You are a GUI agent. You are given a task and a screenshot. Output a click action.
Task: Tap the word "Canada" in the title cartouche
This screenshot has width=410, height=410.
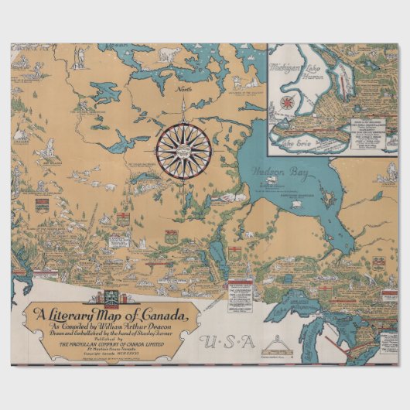click(x=161, y=316)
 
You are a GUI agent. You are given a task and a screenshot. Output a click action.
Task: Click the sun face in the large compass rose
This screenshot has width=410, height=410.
click(x=183, y=151)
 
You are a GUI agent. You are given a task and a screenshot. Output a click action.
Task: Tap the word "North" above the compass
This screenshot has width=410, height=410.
click(x=183, y=91)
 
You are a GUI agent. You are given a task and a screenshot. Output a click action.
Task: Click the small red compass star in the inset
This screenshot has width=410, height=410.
click(x=288, y=102)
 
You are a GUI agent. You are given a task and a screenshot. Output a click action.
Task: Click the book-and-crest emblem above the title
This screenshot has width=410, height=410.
click(x=106, y=298)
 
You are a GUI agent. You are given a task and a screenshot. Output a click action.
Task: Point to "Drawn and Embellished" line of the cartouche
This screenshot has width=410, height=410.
click(x=117, y=334)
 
